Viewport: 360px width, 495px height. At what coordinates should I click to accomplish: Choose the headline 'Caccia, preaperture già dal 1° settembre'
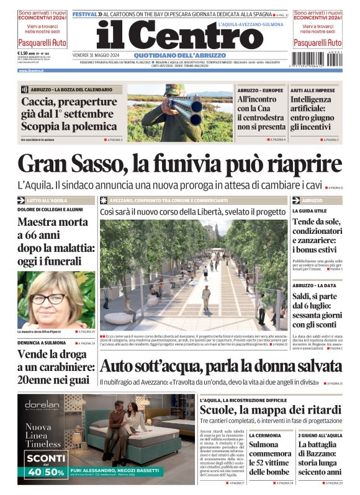(x=70, y=114)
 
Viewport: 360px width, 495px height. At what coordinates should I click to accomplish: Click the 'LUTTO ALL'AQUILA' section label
(x=47, y=200)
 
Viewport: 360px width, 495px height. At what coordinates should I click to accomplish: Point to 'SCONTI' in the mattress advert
(x=45, y=458)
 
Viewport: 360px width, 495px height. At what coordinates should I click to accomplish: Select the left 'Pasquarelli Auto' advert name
(x=41, y=43)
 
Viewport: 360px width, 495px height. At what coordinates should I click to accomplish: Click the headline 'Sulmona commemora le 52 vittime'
(x=271, y=458)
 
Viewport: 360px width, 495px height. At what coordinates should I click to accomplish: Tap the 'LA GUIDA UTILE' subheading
(x=308, y=212)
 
